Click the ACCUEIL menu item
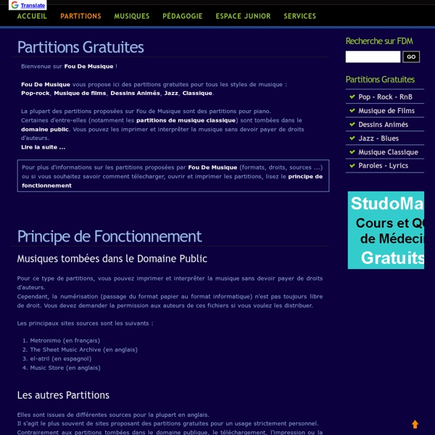click(x=32, y=16)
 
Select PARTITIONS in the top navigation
click(x=80, y=16)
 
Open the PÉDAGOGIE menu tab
click(x=182, y=16)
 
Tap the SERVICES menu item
click(x=299, y=16)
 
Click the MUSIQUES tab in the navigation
click(x=131, y=16)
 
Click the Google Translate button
click(x=28, y=5)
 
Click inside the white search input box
click(x=373, y=57)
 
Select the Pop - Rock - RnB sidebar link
click(x=386, y=97)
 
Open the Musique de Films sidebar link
click(x=386, y=111)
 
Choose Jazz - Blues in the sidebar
click(x=378, y=138)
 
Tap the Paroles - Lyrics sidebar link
click(x=383, y=166)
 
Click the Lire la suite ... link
click(x=43, y=147)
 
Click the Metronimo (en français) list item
click(x=65, y=340)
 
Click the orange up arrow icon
click(x=415, y=424)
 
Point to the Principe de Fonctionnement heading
click(x=109, y=236)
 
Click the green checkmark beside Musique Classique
click(x=352, y=152)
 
